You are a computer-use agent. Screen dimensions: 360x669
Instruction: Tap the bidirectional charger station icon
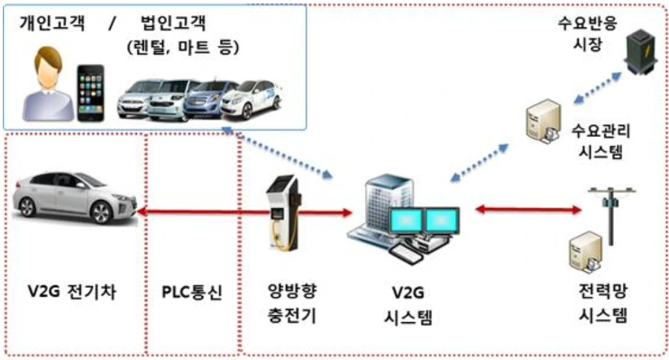tap(285, 212)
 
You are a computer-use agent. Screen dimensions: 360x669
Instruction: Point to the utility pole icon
tap(611, 212)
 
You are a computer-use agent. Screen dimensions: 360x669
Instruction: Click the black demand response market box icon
tap(640, 52)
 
